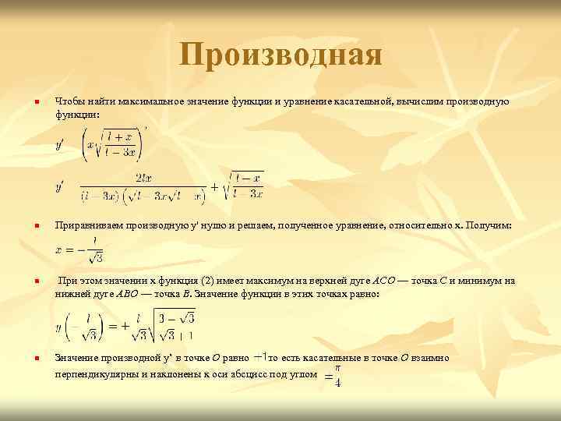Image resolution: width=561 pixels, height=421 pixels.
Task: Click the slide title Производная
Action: tap(280, 55)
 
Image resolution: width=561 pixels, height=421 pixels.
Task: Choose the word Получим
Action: tap(488, 225)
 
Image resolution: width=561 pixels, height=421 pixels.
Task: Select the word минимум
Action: tap(482, 280)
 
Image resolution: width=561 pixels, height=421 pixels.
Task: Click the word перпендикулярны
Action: tap(93, 374)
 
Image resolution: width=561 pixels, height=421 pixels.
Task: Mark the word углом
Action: tap(304, 374)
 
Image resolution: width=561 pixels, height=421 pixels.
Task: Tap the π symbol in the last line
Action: tap(337, 367)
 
